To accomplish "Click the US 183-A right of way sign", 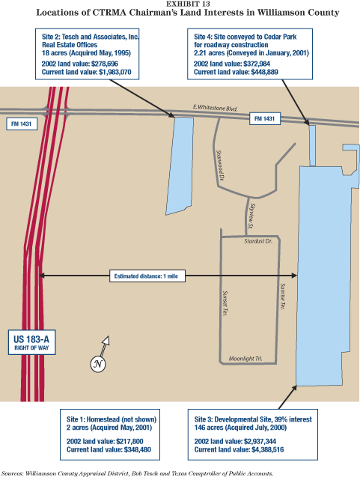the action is tap(31, 342).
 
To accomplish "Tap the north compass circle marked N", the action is tap(98, 364).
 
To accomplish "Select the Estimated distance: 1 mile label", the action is tap(147, 276).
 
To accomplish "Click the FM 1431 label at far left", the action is tap(22, 124).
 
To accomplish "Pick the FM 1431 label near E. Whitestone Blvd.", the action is tap(264, 118).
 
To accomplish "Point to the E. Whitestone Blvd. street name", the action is tap(215, 108).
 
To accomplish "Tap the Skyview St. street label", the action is tap(252, 216).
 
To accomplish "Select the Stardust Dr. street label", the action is tap(258, 241).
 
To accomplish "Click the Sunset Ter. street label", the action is tap(225, 303).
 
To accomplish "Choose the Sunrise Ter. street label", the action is tap(282, 297).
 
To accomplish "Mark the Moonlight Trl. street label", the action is tap(245, 359).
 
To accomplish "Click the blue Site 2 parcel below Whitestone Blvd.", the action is tap(180, 165).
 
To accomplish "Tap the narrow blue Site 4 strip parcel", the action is tap(312, 145).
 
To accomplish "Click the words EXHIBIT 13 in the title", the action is tap(188, 4).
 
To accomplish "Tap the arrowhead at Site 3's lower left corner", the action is tap(294, 388).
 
